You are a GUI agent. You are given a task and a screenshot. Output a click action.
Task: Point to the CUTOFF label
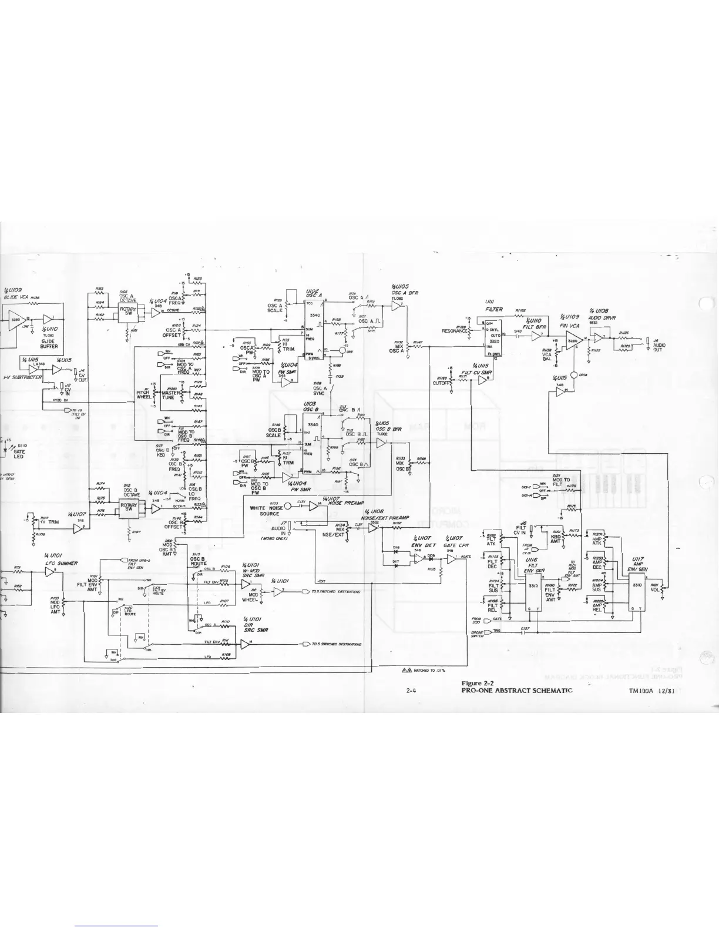(441, 383)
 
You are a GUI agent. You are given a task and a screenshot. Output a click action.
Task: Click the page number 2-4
(411, 691)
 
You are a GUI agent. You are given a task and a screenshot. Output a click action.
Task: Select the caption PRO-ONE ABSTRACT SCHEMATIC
(517, 691)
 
